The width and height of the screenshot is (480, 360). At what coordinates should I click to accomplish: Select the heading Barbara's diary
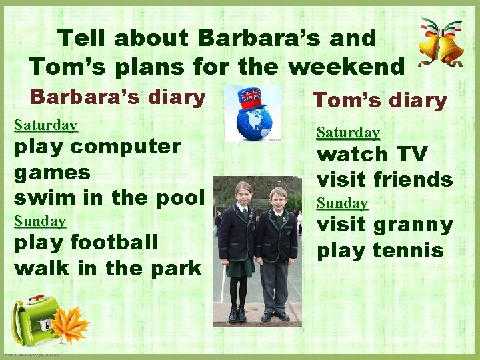point(118,97)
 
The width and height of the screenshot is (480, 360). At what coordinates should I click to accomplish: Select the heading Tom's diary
point(379,101)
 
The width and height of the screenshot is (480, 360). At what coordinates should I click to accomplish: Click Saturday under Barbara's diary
point(46,125)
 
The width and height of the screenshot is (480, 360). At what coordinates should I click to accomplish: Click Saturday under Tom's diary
point(348,133)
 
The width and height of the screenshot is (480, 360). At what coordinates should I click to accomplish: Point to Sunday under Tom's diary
point(342,203)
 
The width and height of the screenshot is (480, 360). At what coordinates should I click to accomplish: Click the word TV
point(411,155)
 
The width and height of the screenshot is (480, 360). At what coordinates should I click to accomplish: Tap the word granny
point(414,225)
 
